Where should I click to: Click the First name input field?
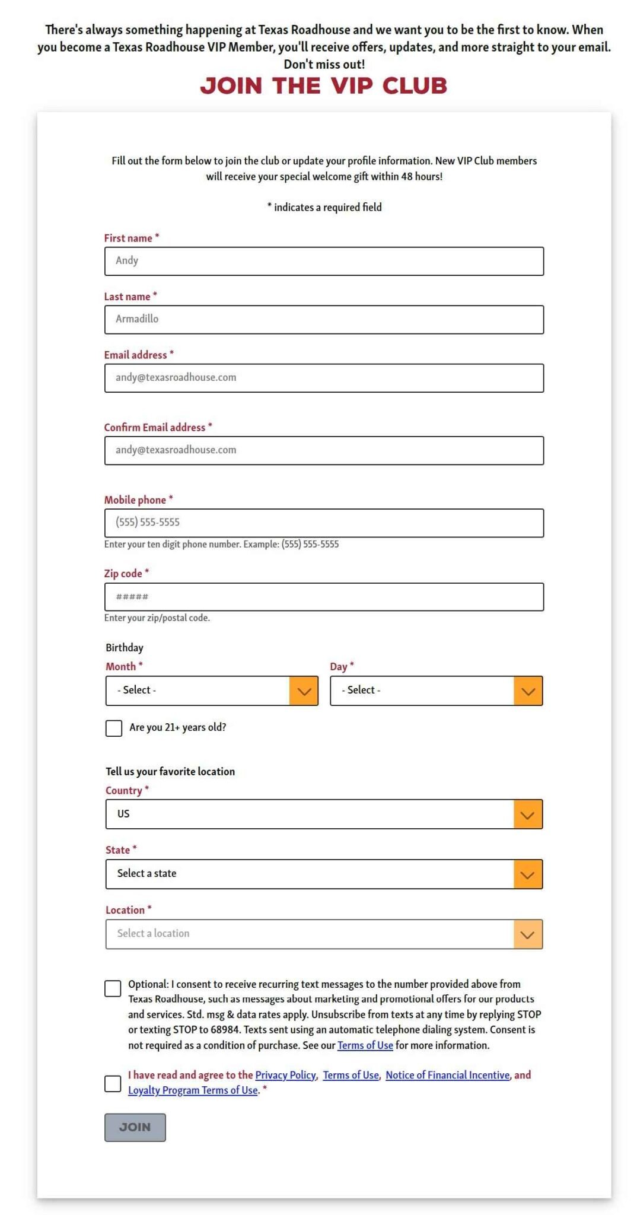pos(324,261)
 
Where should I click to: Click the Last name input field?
pos(324,319)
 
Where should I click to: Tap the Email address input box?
pos(324,378)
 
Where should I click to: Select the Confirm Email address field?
pos(324,450)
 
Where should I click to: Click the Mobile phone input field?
pos(324,523)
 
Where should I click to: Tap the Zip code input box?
pos(324,597)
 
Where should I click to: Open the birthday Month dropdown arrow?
pos(304,691)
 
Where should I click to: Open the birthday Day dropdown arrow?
pos(528,691)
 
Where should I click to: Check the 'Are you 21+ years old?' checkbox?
pos(114,728)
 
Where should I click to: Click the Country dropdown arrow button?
pos(528,815)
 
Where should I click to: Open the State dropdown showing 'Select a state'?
pos(324,874)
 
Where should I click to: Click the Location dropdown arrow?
pos(528,934)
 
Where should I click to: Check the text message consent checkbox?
pos(113,988)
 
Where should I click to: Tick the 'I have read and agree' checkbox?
pos(113,1083)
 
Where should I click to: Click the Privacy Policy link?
pos(285,1075)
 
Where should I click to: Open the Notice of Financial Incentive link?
pos(447,1075)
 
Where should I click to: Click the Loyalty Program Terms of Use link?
pos(193,1090)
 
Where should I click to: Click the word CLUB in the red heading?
pos(415,86)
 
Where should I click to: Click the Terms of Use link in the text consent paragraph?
pos(365,1045)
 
